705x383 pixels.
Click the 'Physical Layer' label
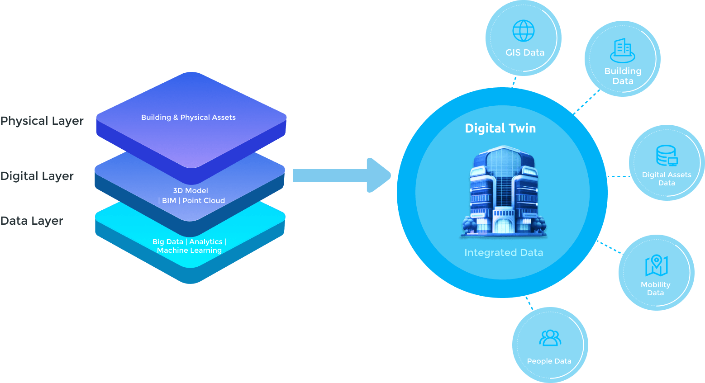click(x=42, y=121)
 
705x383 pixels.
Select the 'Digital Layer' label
click(x=37, y=176)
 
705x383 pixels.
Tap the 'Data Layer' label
click(x=31, y=221)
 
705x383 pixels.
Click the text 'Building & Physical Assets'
click(x=188, y=118)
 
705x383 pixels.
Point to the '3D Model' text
click(x=191, y=191)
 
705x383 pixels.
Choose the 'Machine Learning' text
click(x=189, y=251)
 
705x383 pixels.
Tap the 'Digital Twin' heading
click(x=500, y=128)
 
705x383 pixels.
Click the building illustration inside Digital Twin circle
click(x=503, y=192)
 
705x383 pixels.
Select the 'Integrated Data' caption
click(x=504, y=253)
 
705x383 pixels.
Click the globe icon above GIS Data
click(x=524, y=31)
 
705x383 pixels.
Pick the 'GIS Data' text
click(x=525, y=52)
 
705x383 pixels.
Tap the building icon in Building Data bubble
click(x=623, y=50)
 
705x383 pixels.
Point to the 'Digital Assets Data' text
click(x=667, y=179)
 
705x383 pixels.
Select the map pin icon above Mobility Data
click(x=656, y=265)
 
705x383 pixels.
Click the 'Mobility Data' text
click(x=655, y=288)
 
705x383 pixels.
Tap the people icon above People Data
click(x=550, y=338)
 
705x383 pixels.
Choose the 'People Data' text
click(x=549, y=361)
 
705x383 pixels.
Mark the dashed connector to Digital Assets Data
click(x=618, y=176)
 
